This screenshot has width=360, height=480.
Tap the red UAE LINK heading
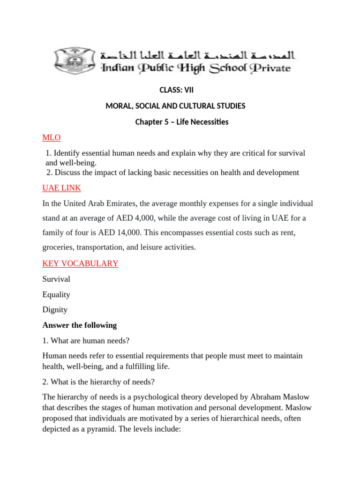pos(61,188)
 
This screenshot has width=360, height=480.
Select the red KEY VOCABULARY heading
pos(80,263)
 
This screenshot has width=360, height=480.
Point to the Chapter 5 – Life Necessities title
pos(181,122)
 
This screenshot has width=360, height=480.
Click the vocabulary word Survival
pos(56,279)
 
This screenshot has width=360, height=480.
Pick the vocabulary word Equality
pos(56,294)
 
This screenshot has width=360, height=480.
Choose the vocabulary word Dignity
pos(55,310)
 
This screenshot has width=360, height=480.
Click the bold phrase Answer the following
pos(80,325)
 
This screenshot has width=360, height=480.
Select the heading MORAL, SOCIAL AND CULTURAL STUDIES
pos(175,106)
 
